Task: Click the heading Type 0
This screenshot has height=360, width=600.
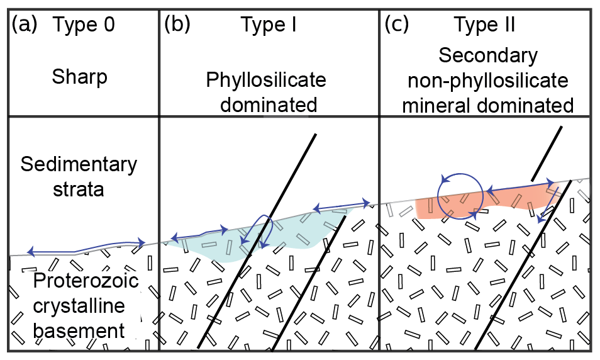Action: click(84, 26)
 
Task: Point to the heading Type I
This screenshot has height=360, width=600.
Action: click(269, 26)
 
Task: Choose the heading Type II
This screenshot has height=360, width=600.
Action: click(485, 26)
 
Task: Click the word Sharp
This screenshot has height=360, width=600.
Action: click(80, 77)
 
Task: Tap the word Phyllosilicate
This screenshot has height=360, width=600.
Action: click(267, 81)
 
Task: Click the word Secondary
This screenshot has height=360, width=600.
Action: click(488, 56)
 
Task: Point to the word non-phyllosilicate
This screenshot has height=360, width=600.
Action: click(488, 81)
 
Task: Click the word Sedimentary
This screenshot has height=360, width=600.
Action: click(79, 165)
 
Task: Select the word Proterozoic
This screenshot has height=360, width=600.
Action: click(78, 282)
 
